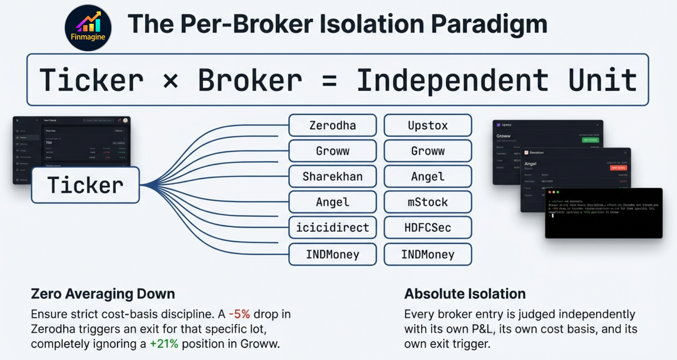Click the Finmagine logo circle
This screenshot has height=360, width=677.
(88, 28)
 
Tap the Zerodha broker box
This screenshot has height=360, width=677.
(333, 125)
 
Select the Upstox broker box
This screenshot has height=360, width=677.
(428, 125)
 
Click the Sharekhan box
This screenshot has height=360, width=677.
(333, 176)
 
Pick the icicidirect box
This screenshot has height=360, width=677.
(333, 227)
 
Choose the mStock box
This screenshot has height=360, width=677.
(428, 202)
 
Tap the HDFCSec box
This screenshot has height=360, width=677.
(428, 227)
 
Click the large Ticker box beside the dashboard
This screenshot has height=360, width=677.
(86, 185)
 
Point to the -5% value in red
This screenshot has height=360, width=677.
(239, 314)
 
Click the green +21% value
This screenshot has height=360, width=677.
(164, 344)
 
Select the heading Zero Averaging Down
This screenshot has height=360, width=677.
(103, 294)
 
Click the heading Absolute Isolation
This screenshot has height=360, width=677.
(465, 294)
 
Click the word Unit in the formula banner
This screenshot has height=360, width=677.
(603, 80)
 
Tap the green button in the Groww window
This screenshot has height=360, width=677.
(590, 140)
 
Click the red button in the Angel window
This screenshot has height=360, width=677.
(618, 168)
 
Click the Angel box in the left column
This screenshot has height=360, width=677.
(333, 202)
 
